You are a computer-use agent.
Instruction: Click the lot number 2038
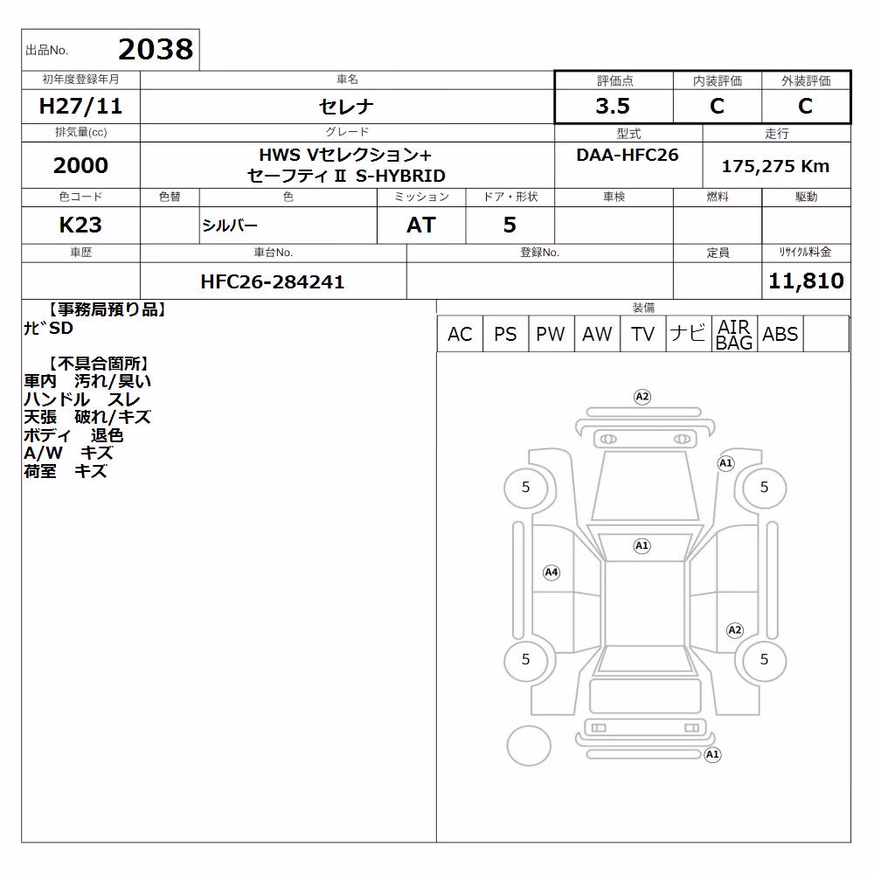click(156, 49)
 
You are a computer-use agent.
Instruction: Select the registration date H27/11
click(80, 106)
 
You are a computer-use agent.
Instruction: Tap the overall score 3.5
click(613, 106)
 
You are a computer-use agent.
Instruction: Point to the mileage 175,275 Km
click(775, 165)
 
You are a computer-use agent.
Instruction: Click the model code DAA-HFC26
click(628, 155)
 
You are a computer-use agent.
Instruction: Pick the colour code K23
click(80, 225)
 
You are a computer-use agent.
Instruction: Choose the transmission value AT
click(421, 225)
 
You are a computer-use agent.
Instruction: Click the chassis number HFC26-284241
click(273, 281)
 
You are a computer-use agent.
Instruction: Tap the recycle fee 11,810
click(806, 281)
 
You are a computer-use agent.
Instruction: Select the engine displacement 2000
click(80, 165)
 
